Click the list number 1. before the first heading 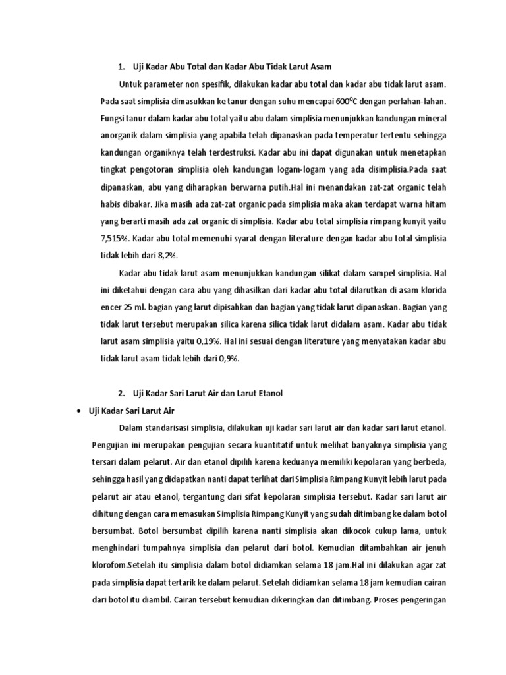coord(121,67)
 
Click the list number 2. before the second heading coord(121,393)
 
